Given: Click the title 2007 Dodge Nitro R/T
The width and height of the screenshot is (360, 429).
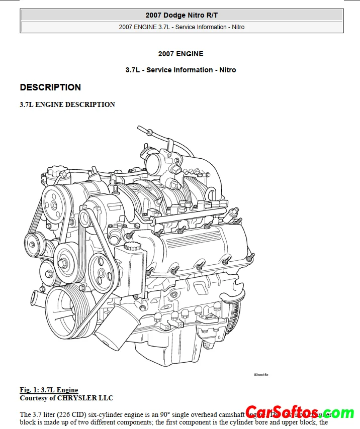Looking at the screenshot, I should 182,15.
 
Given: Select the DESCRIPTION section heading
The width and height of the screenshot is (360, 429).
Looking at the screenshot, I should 50,87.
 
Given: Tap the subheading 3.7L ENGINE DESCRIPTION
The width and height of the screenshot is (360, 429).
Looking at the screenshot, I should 67,104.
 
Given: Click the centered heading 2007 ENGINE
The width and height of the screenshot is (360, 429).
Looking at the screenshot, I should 181,54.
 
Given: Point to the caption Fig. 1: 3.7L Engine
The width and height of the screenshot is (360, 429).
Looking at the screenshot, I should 49,390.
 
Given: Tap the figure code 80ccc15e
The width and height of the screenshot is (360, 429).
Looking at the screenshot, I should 261,375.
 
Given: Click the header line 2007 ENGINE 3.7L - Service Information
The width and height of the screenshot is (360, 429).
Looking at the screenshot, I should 182,27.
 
